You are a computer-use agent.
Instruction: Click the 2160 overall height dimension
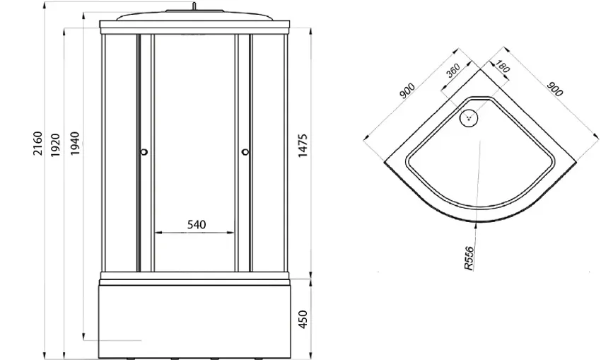pyautogui.click(x=37, y=144)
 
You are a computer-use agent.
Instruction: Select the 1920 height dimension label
pyautogui.click(x=56, y=145)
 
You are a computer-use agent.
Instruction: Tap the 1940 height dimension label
pyautogui.click(x=75, y=144)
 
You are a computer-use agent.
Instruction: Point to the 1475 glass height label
pyautogui.click(x=303, y=145)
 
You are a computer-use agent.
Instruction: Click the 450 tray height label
pyautogui.click(x=303, y=320)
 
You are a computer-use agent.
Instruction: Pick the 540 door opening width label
pyautogui.click(x=197, y=224)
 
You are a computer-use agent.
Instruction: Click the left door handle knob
pyautogui.click(x=144, y=152)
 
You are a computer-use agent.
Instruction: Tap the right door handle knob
pyautogui.click(x=245, y=152)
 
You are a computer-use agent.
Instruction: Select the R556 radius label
pyautogui.click(x=469, y=258)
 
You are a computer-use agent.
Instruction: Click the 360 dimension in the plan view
pyautogui.click(x=453, y=71)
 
